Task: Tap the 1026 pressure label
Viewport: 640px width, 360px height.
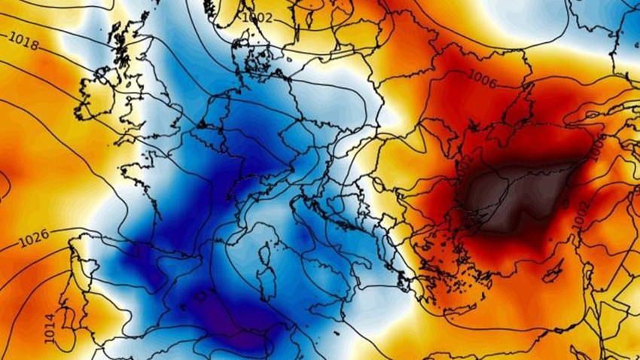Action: [x=35, y=235]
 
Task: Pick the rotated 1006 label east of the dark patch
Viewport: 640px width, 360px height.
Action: [x=598, y=148]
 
